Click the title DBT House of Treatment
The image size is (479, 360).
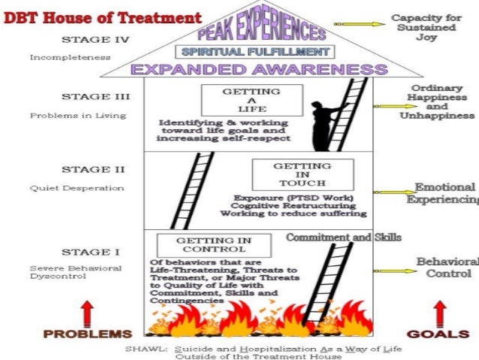[103, 17]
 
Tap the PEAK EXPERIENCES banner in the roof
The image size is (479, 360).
[261, 29]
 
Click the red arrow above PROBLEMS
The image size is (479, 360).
[87, 312]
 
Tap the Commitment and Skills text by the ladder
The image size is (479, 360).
[343, 237]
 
